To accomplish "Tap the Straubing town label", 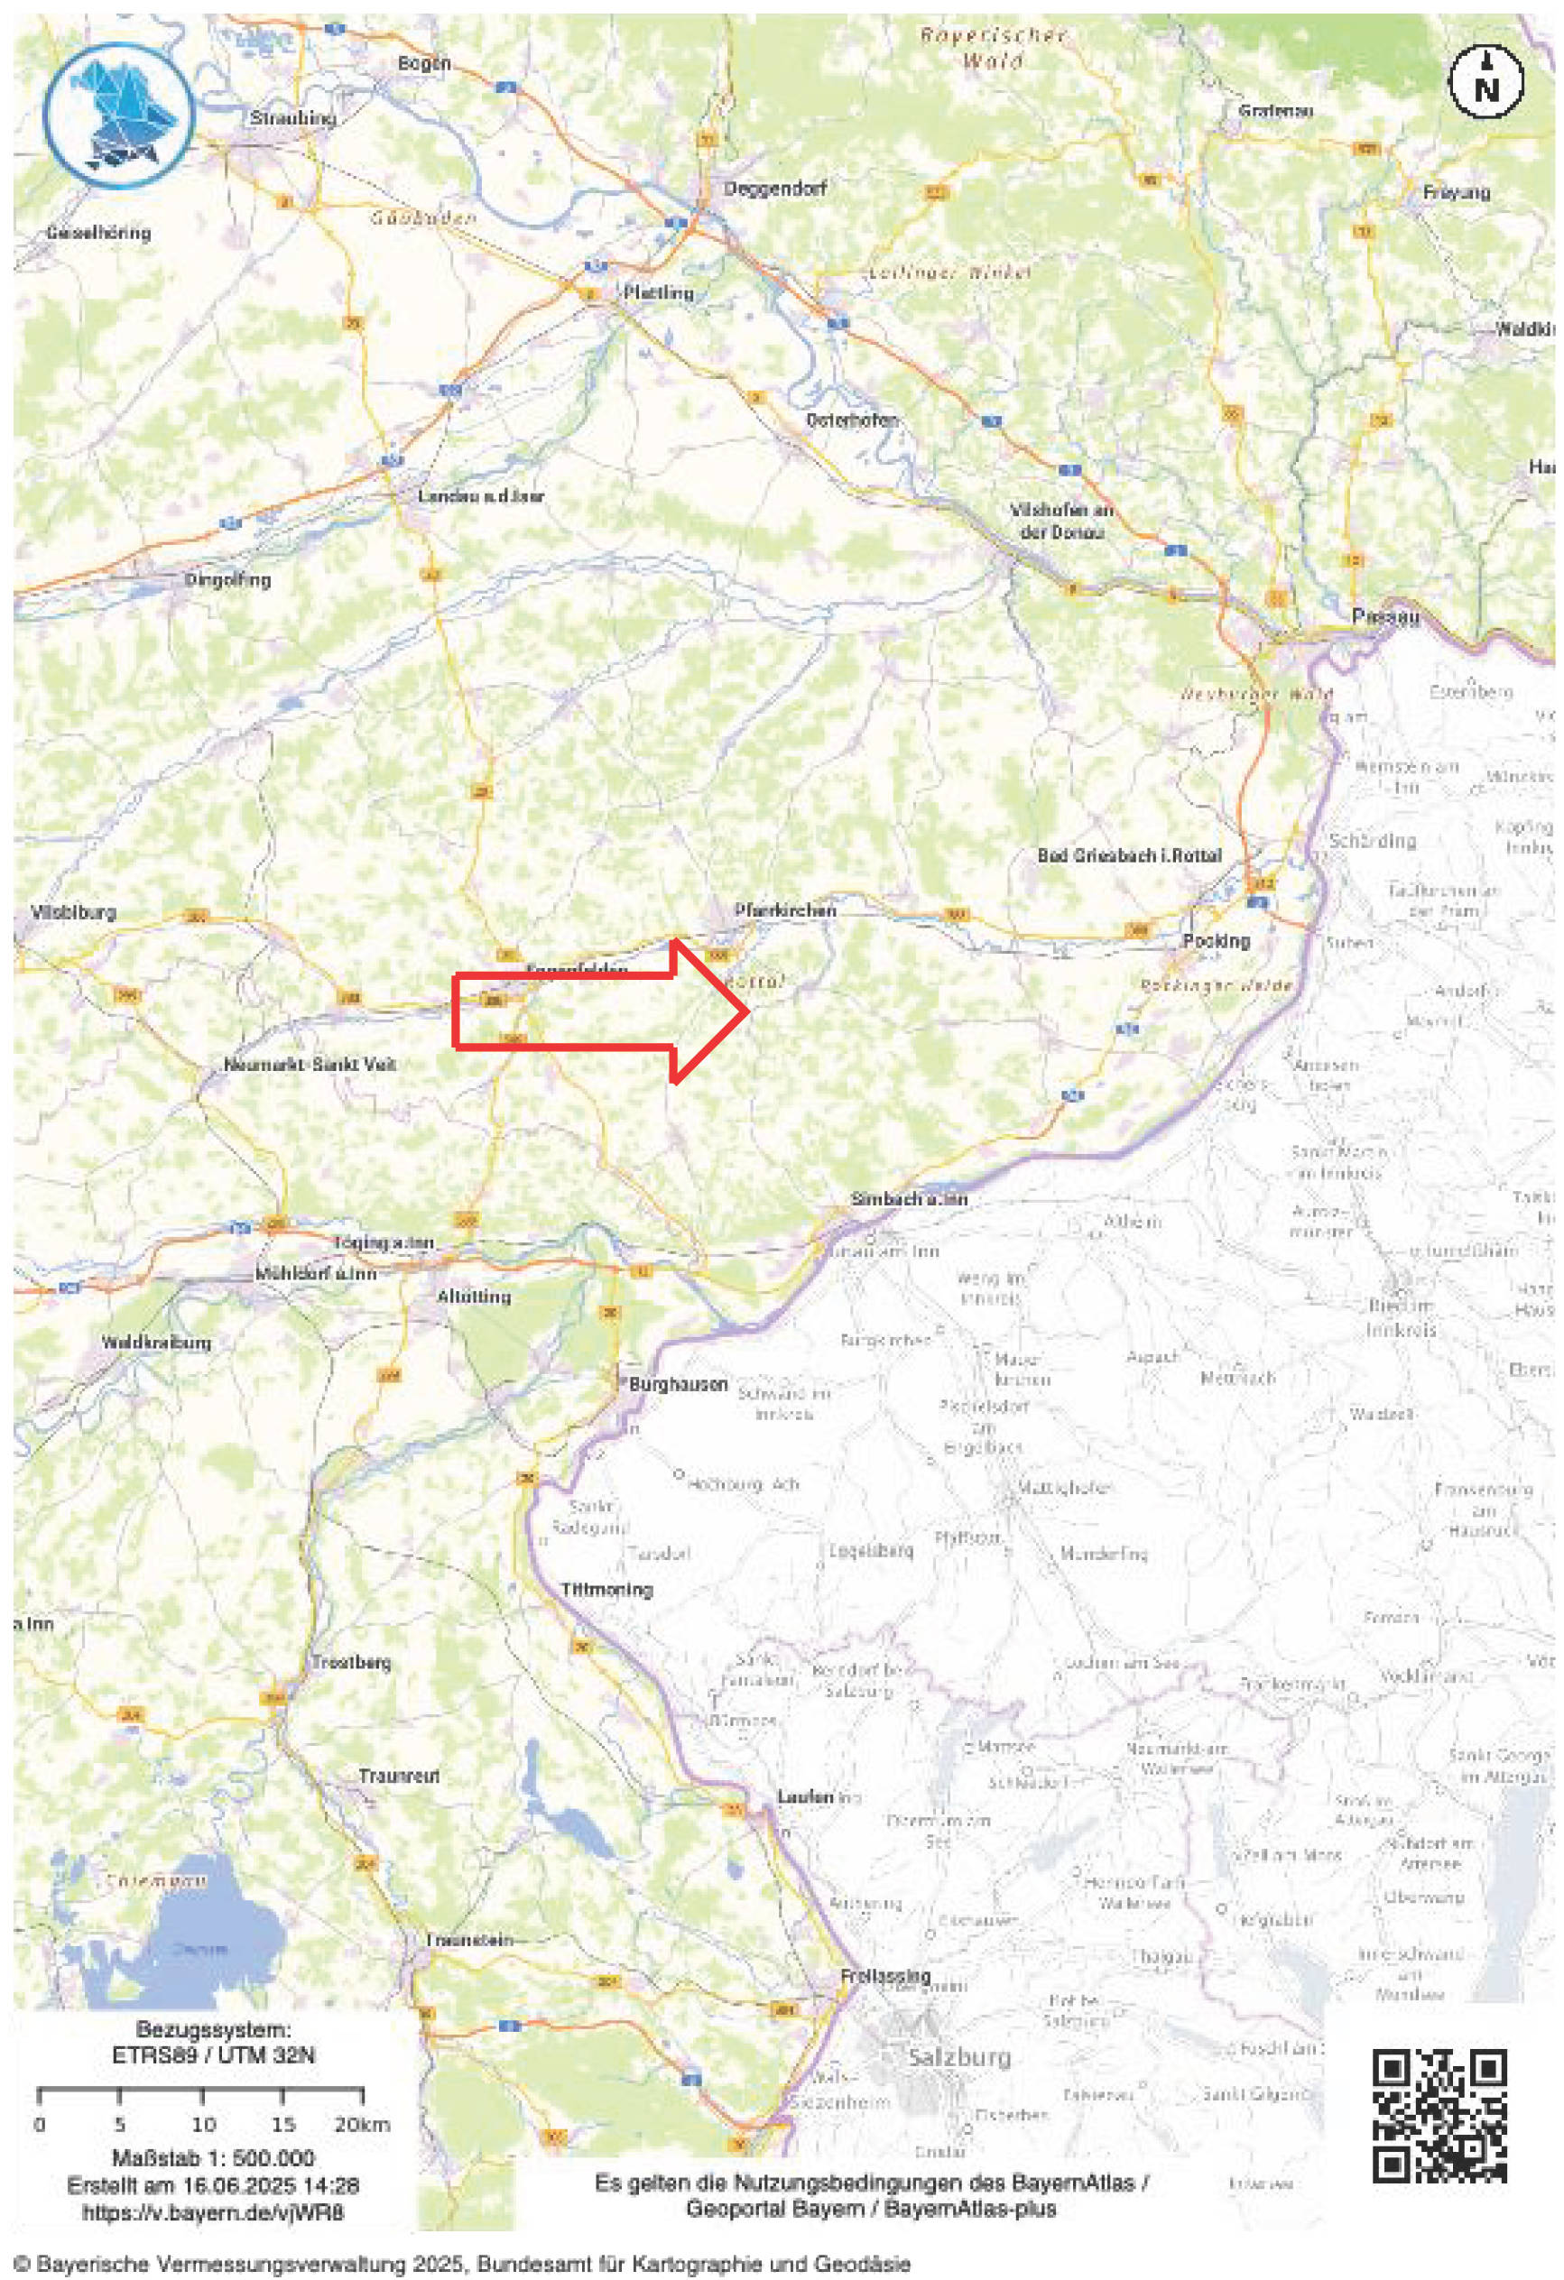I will point(293,119).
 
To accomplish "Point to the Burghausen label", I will point(679,1384).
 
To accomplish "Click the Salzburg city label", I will point(958,2058).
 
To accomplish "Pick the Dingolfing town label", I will point(227,580).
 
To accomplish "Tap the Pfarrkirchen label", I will point(786,910).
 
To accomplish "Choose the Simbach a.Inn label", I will point(910,1199).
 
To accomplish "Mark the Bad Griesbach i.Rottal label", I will point(1129,855).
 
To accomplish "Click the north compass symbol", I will point(1486,81).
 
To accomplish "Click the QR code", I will point(1439,2101).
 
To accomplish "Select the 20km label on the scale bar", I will point(361,2126).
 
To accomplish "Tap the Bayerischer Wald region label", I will point(992,48).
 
